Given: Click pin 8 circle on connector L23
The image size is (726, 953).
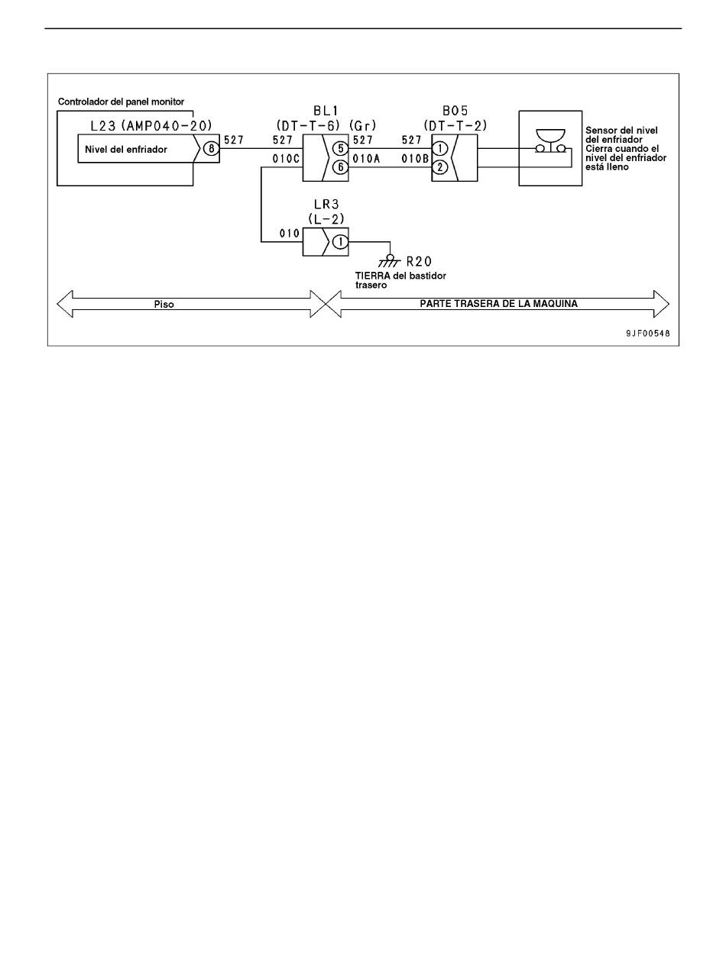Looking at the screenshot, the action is (211, 149).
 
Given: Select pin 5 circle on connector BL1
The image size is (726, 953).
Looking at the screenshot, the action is (340, 148).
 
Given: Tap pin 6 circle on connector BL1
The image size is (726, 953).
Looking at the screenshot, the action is (340, 166).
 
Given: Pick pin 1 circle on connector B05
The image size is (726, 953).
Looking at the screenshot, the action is (440, 148).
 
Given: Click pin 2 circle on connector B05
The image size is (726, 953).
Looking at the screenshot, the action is (440, 166).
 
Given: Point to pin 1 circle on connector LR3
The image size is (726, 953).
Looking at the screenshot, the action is (340, 242).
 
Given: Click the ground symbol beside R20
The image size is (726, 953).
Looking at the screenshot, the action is (390, 260).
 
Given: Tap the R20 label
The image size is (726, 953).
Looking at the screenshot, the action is (419, 261).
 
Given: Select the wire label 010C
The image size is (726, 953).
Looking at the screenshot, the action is (286, 160).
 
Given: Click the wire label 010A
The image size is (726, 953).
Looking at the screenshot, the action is (366, 160).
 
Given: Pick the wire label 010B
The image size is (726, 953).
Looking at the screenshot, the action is (415, 160).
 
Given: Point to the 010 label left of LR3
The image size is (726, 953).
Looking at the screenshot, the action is (290, 234).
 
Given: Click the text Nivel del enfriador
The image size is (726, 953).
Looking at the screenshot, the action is (126, 150).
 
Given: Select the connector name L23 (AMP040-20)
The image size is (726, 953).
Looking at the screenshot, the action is (151, 126).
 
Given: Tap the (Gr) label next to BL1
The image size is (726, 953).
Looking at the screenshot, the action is (362, 126).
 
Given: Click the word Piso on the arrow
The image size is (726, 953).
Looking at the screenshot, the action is (164, 305).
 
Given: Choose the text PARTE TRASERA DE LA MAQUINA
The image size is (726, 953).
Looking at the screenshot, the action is (498, 303).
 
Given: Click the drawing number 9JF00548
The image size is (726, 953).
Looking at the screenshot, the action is (648, 334).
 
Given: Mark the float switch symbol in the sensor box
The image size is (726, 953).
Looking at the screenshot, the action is (550, 141).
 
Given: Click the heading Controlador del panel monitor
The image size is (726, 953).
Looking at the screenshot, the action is (122, 102).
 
